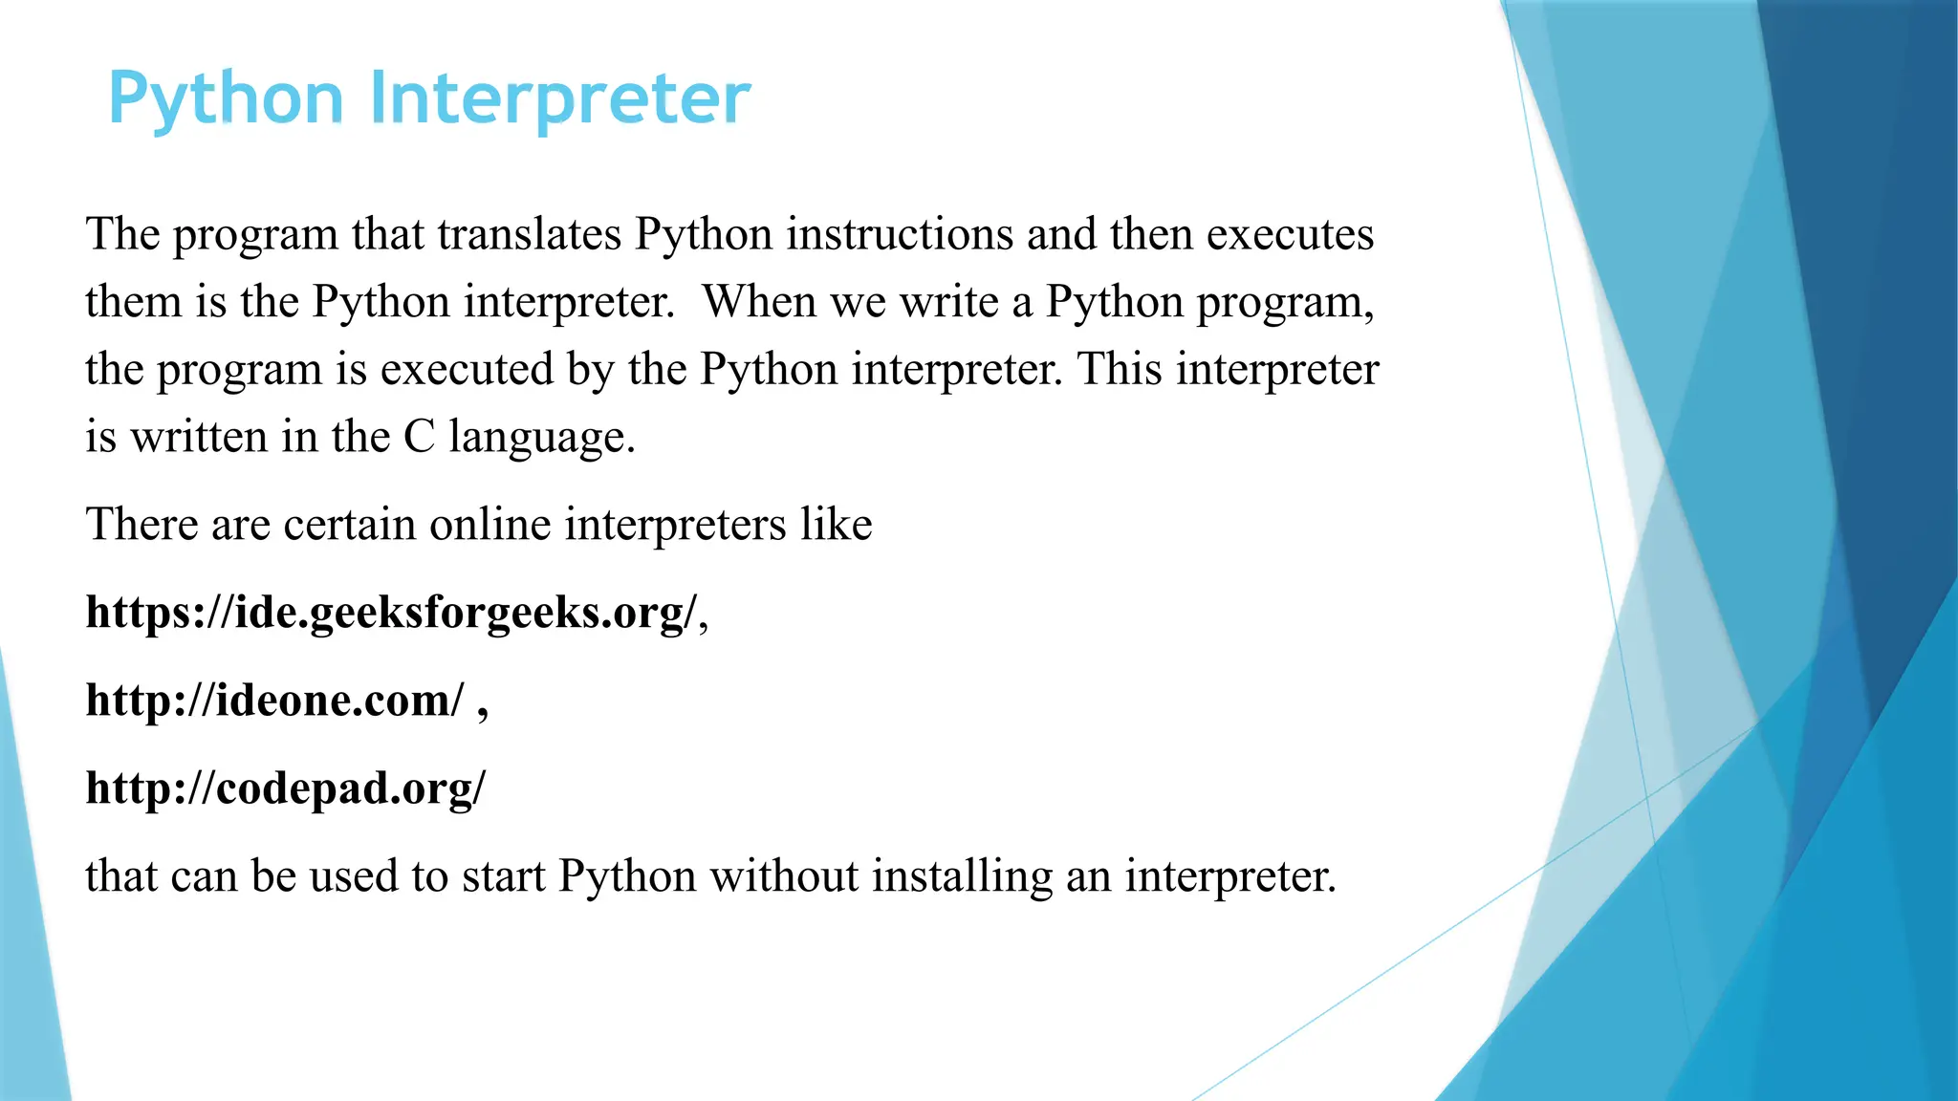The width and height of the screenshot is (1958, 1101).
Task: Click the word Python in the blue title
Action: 226,100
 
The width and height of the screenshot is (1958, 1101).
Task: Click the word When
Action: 760,302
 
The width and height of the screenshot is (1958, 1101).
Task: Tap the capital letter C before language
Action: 419,438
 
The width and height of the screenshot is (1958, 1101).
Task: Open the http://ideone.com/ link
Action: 275,701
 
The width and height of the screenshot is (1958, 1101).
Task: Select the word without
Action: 784,876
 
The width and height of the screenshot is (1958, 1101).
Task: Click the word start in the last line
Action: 503,876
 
